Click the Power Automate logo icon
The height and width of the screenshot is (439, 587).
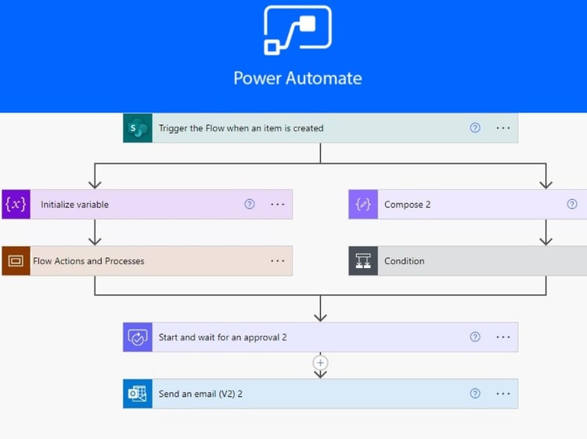pyautogui.click(x=297, y=30)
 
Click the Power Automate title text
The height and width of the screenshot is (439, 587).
pyautogui.click(x=297, y=78)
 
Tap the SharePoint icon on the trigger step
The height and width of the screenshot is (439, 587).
pyautogui.click(x=138, y=128)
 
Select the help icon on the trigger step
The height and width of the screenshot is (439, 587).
pyautogui.click(x=475, y=128)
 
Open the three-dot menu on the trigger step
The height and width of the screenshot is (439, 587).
pyautogui.click(x=503, y=128)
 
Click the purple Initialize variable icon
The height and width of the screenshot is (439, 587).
pyautogui.click(x=16, y=205)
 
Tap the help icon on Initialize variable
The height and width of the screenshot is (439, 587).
pyautogui.click(x=250, y=205)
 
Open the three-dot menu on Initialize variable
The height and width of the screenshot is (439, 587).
pyautogui.click(x=277, y=205)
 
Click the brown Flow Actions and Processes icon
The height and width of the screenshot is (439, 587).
pyautogui.click(x=16, y=261)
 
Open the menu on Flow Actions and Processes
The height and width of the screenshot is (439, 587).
pyautogui.click(x=277, y=261)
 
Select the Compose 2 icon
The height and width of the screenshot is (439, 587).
pyautogui.click(x=363, y=205)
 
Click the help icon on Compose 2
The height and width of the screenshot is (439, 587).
pyautogui.click(x=572, y=205)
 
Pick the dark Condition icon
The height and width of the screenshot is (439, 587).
pyautogui.click(x=363, y=261)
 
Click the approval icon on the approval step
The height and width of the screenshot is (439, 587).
pyautogui.click(x=138, y=337)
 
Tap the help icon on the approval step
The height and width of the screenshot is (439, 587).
pyautogui.click(x=475, y=337)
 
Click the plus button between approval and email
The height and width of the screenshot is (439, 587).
pyautogui.click(x=320, y=362)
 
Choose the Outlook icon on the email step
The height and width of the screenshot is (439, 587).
pyautogui.click(x=138, y=394)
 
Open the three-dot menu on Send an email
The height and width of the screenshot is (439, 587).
pyautogui.click(x=503, y=394)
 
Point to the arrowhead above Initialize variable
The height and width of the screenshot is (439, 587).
pyautogui.click(x=95, y=184)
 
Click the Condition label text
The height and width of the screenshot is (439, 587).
pyautogui.click(x=405, y=261)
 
